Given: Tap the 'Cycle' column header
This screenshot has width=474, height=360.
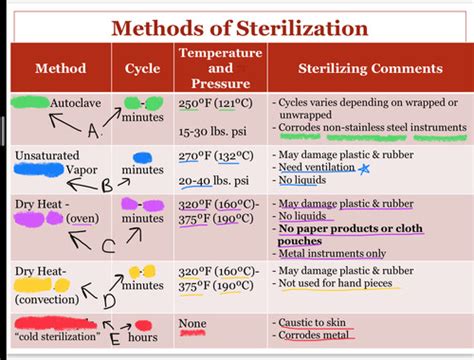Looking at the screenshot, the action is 142,69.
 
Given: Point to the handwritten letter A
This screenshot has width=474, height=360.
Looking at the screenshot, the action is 93,131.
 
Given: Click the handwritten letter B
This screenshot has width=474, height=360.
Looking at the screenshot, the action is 107,185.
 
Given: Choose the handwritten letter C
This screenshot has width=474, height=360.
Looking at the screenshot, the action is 108,245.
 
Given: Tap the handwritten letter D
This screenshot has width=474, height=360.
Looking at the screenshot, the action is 108,298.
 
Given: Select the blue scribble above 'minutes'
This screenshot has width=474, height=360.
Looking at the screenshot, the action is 142,157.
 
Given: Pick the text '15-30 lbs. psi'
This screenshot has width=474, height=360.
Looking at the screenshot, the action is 214,132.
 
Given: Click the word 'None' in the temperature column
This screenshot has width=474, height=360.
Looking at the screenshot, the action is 192,323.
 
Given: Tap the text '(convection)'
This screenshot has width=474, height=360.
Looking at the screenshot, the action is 47,297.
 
